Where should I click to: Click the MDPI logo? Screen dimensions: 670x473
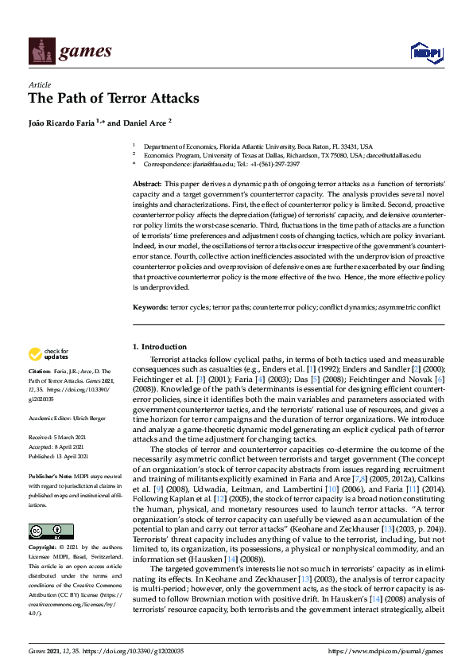coord(425,53)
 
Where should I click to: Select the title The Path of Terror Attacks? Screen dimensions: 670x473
coord(113,99)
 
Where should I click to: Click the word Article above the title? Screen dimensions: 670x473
coord(39,84)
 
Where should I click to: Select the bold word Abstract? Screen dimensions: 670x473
coord(148,184)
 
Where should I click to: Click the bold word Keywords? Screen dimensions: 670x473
coord(150,306)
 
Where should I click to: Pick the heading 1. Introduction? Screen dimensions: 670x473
coord(160,347)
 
